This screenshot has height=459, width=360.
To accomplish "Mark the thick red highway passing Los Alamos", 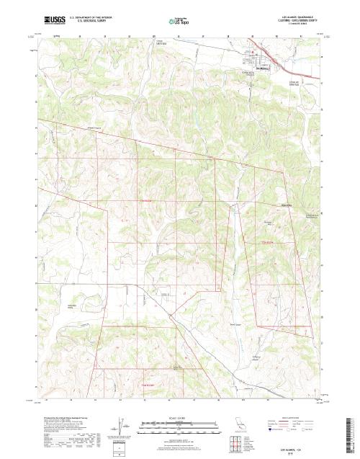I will (238, 52).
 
